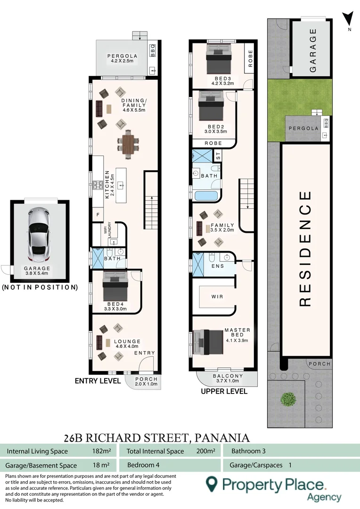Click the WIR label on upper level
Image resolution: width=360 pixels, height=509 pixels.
[217, 296]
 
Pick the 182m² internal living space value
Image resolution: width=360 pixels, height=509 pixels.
[101, 451]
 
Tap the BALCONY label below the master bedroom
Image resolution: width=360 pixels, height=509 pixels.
[228, 376]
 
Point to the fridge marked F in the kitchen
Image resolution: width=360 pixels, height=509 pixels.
[98, 214]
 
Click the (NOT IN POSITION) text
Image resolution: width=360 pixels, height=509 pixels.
[40, 287]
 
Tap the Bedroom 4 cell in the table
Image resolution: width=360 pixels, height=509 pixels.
[143, 465]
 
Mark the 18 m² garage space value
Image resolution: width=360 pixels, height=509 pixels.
[101, 465]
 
